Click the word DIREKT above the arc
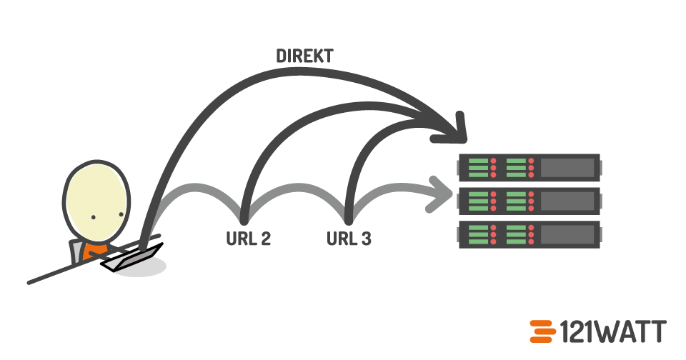point(304,56)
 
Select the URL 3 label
point(349,239)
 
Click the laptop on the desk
point(132,258)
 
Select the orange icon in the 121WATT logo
point(543,331)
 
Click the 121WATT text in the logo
point(613,331)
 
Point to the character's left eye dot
point(93,216)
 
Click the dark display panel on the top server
point(568,168)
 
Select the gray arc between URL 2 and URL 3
point(297,188)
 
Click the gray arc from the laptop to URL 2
point(197,187)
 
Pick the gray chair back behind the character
point(76,251)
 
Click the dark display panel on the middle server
point(568,201)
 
